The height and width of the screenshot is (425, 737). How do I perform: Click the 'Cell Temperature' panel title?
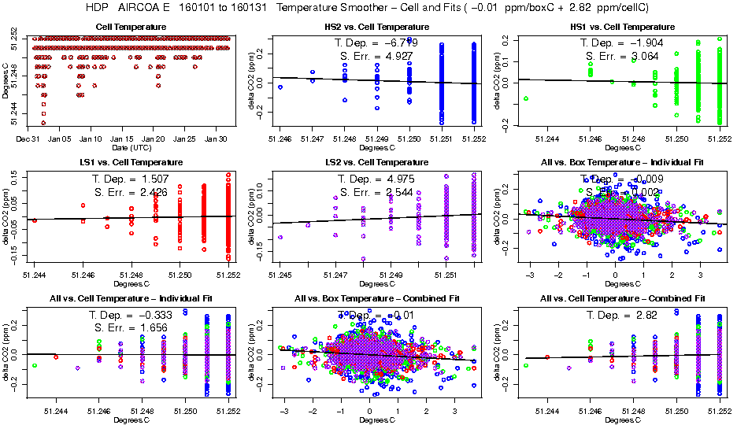(x=131, y=28)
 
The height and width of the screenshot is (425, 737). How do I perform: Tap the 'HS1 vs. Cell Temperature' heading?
(x=622, y=28)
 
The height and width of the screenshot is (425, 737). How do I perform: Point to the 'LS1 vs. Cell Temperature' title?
(x=131, y=163)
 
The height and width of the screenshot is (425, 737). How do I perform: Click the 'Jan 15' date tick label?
(x=122, y=139)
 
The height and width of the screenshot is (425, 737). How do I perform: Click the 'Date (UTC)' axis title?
(x=131, y=147)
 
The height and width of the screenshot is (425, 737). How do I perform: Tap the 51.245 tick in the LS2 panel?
(x=280, y=274)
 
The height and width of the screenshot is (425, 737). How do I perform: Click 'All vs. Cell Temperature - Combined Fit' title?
(x=622, y=299)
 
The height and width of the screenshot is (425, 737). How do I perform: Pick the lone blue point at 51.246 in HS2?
(x=280, y=87)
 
